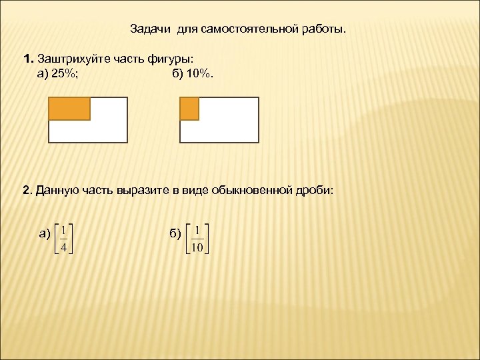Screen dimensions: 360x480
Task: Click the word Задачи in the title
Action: (151, 29)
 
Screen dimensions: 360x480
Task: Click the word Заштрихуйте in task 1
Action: (73, 59)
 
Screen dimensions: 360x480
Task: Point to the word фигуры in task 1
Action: (170, 59)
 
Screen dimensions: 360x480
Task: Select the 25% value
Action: (64, 73)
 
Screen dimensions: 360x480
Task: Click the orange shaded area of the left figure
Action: (70, 109)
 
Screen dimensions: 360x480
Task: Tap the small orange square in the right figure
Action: (189, 109)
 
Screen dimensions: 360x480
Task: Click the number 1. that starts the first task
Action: (28, 59)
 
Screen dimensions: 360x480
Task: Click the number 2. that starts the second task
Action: (28, 191)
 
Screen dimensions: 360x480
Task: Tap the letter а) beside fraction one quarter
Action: (45, 233)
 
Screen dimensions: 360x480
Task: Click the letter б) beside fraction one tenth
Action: (175, 233)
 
